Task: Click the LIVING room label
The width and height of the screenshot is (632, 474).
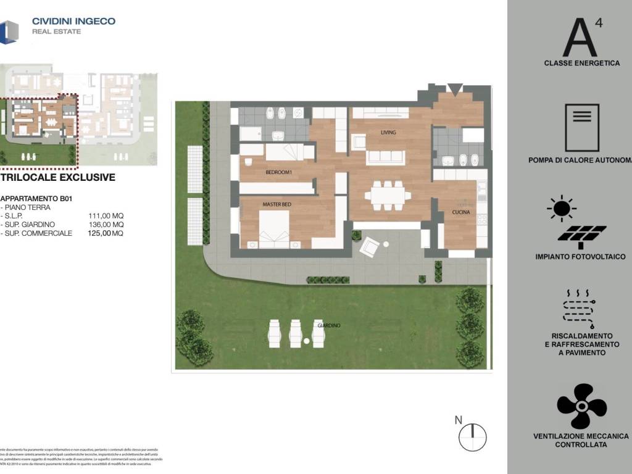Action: (x=388, y=133)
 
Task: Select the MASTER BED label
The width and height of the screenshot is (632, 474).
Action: (x=276, y=205)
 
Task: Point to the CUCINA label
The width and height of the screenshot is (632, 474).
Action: (x=460, y=212)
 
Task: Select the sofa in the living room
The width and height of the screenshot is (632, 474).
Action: (x=385, y=157)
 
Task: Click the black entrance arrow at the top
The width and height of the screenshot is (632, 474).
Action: (x=455, y=89)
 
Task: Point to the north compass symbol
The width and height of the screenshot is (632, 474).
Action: (x=472, y=436)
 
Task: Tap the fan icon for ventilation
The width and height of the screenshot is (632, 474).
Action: (x=581, y=406)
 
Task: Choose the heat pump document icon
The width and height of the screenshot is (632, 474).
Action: (x=582, y=128)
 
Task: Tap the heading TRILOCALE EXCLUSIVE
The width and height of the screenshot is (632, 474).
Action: (x=58, y=178)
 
